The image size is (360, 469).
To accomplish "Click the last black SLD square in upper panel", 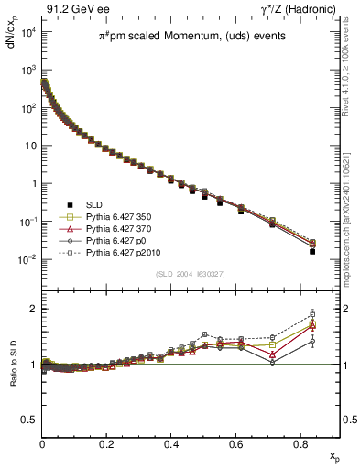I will (312, 251).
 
